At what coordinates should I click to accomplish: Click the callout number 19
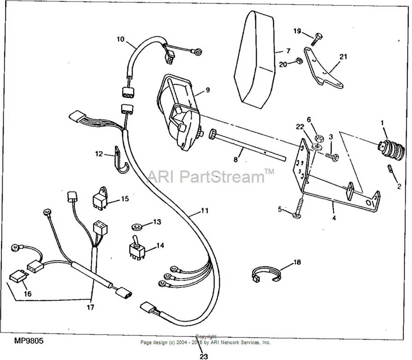point(297,31)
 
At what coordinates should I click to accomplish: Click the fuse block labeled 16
point(17,277)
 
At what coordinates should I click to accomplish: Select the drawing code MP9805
point(29,341)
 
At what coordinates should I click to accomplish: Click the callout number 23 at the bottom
point(204,356)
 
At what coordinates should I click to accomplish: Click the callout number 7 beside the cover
point(288,51)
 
